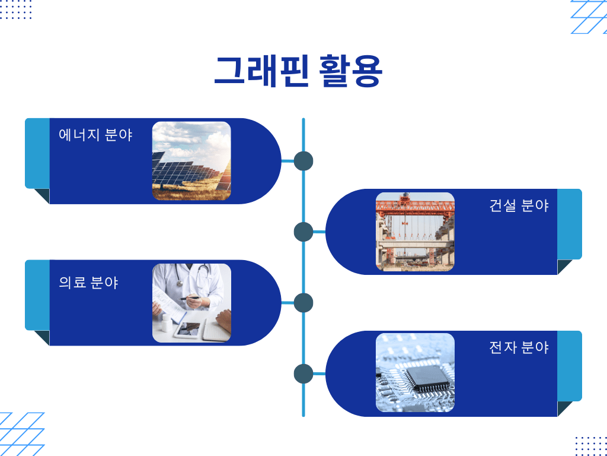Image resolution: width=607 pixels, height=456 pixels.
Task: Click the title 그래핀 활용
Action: (299, 71)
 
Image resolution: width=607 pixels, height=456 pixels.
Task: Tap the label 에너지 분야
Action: (95, 135)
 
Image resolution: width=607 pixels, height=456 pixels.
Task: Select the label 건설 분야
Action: (519, 205)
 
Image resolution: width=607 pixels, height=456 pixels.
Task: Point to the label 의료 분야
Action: (88, 282)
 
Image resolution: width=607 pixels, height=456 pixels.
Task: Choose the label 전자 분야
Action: (519, 347)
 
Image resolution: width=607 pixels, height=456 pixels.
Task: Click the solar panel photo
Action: (191, 161)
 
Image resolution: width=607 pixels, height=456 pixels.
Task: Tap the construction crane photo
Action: (415, 232)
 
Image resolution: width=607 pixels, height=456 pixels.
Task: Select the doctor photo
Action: (191, 303)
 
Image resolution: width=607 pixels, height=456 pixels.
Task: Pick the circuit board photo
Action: (415, 373)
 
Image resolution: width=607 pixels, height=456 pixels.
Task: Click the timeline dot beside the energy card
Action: (303, 161)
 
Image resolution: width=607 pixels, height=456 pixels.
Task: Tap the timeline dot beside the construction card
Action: (303, 232)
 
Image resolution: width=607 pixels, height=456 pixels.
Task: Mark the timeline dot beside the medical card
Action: (303, 303)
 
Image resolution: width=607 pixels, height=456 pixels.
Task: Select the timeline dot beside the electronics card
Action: (303, 374)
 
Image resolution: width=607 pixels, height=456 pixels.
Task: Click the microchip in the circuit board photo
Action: (428, 378)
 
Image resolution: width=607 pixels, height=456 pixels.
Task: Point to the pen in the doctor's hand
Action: (190, 298)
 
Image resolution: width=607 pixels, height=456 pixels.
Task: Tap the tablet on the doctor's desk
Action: (188, 330)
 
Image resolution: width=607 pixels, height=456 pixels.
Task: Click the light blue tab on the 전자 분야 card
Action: (570, 366)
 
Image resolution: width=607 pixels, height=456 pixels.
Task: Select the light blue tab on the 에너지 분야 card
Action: (37, 153)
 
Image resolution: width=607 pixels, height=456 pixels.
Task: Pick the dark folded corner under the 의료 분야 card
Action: (43, 337)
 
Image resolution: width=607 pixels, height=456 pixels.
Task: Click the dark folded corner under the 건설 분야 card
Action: (564, 267)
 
